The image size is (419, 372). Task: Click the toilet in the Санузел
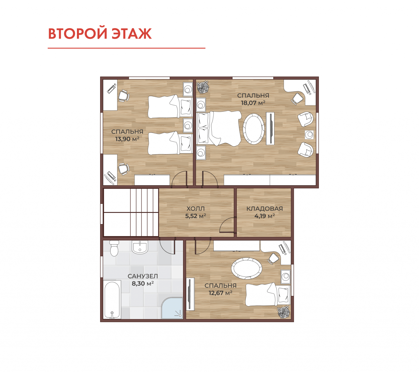114,248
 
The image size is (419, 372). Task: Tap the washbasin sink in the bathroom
140,247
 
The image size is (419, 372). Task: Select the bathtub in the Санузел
112,300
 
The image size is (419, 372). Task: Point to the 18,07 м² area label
253,103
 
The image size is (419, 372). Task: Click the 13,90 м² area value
127,139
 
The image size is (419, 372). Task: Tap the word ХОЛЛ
195,209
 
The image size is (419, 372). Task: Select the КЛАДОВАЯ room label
264,209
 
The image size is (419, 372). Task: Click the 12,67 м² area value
220,293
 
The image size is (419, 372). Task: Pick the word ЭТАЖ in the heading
132,33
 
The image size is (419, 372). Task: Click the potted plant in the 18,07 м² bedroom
202,87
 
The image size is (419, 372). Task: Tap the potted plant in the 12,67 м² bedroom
283,312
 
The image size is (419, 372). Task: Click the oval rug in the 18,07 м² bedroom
253,129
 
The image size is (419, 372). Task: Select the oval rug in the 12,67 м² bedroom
246,268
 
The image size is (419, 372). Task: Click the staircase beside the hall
131,212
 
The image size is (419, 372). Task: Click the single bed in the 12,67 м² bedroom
268,294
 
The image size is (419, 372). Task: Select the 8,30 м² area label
143,284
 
